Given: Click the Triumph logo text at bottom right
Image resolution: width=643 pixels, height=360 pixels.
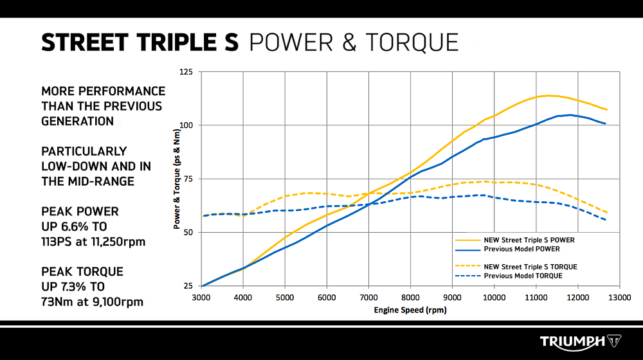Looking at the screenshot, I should click(572, 341).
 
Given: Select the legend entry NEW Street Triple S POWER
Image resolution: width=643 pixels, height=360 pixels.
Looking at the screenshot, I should click(529, 240).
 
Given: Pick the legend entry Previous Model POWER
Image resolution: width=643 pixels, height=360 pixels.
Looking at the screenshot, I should click(520, 249).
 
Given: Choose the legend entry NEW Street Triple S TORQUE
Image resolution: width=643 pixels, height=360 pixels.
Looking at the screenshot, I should click(530, 267).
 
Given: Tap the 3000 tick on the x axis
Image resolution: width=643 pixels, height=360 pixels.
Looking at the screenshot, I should click(201, 297).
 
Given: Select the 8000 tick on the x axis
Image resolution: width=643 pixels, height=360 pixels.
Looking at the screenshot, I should click(410, 297).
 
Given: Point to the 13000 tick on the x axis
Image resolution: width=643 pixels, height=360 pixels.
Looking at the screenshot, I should click(619, 297).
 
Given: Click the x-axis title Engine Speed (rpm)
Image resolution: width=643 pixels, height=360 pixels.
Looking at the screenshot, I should click(410, 310).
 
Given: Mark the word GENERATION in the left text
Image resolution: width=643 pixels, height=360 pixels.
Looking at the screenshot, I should click(77, 121).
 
